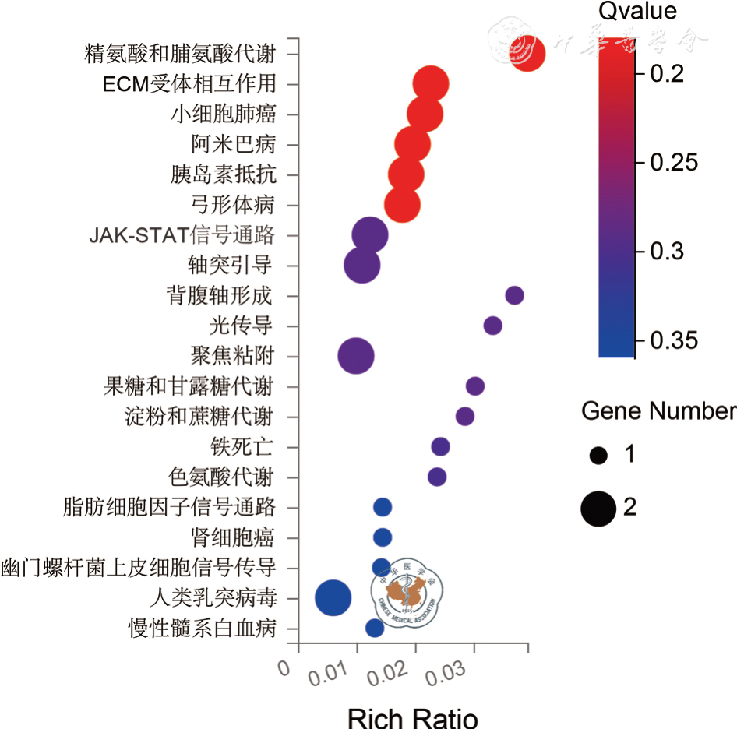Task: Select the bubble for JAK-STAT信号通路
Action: coord(369,234)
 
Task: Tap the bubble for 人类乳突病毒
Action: coord(333,597)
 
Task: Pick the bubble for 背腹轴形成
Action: coord(514,295)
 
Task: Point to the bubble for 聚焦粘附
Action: coord(356,356)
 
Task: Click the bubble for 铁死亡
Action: coord(440,446)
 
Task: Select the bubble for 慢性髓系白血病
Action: coord(375,628)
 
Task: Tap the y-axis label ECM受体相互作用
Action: coord(189,84)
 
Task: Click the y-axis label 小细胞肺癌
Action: coord(223,114)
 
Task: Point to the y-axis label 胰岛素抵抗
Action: coord(223,174)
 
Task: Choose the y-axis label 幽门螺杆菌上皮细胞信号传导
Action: coord(139,568)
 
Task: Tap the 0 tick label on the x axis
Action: coord(284,667)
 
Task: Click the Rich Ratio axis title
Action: coord(412,717)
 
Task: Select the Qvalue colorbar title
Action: coord(637,11)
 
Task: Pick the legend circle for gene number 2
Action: coord(598,509)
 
